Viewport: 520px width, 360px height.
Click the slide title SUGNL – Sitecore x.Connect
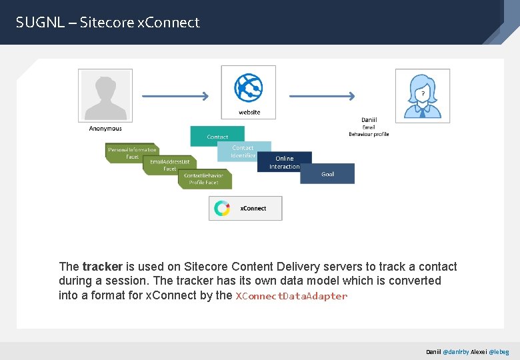108,23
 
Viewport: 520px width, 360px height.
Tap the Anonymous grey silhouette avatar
105,95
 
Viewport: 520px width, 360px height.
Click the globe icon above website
248,87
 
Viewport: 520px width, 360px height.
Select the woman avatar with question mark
422,96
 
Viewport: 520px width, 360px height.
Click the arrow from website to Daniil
322,96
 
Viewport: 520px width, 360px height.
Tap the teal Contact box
217,137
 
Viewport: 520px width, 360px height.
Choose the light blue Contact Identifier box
243,151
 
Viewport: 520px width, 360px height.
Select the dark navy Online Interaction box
285,162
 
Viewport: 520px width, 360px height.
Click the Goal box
327,174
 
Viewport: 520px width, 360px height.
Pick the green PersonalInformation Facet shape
132,153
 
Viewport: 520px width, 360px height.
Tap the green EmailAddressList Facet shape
170,165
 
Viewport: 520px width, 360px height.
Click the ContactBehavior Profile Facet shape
204,179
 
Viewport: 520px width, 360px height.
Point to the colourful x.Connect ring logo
222,208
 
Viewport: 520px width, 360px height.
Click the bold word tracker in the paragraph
102,267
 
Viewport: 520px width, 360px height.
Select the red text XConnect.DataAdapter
291,296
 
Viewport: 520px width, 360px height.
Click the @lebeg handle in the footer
498,351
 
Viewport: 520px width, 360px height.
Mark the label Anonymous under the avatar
105,129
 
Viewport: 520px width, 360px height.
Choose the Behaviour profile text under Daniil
369,135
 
